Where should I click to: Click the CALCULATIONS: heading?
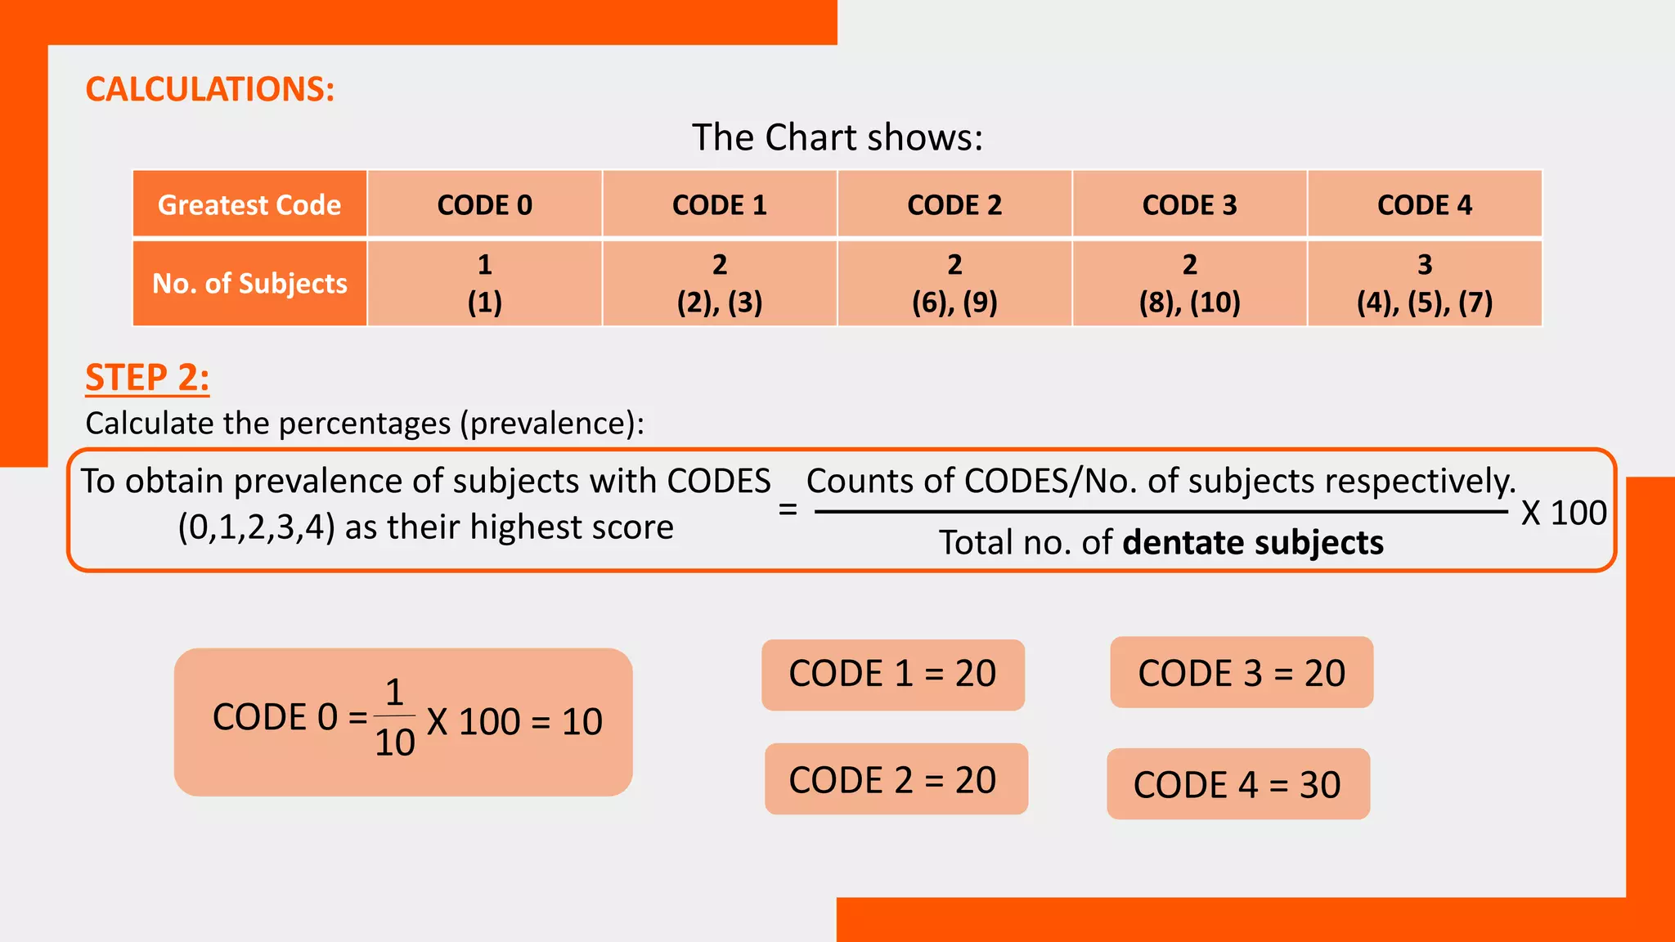tap(210, 89)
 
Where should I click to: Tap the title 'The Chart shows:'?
tap(837, 137)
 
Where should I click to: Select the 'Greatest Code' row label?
tap(249, 204)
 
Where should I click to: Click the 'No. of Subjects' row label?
tap(249, 283)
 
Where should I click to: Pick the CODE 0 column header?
tap(484, 204)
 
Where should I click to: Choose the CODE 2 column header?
tap(954, 204)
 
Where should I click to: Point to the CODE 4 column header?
tap(1424, 204)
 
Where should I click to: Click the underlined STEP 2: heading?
tap(147, 378)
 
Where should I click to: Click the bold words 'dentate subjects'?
tap(1253, 543)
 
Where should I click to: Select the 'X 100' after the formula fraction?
tap(1564, 514)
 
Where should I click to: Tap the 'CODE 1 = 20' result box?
tap(892, 675)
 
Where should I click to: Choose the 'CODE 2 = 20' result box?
tap(896, 779)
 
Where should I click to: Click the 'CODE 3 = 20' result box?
tap(1242, 673)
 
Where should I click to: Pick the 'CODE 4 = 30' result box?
tap(1237, 784)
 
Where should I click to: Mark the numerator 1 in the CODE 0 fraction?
tap(394, 693)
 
